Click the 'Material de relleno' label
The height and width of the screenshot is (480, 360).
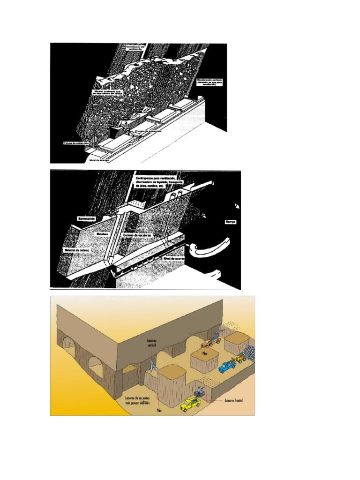(x=77, y=251)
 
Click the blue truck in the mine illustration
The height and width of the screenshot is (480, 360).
(x=227, y=366)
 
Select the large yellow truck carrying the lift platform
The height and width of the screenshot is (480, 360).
(x=191, y=404)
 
